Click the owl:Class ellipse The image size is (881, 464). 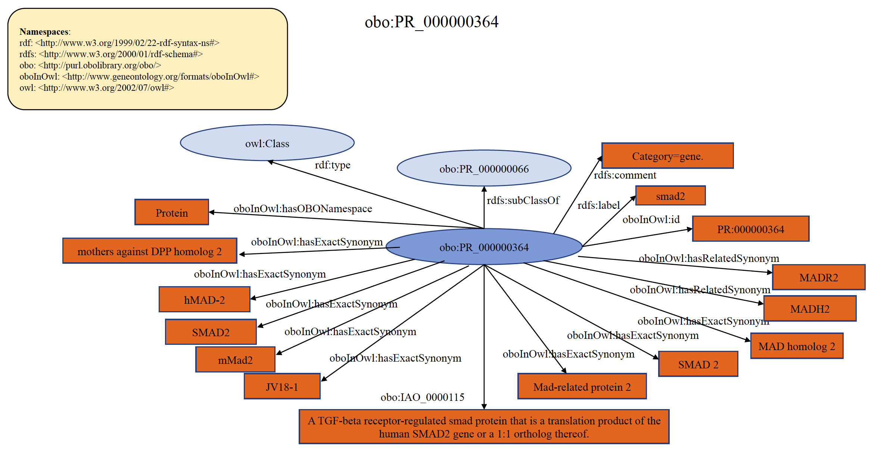coord(267,143)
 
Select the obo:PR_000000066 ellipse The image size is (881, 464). coord(484,168)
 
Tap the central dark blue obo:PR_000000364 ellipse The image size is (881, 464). coord(484,247)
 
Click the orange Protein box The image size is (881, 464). coord(172,213)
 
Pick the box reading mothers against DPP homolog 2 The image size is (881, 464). coord(150,251)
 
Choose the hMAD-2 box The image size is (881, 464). coord(204,300)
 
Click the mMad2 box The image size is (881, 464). coord(235,360)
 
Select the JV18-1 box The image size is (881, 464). coord(282,386)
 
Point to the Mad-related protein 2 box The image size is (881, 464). coord(582,387)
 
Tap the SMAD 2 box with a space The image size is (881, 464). coord(698,364)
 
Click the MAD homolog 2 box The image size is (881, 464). coord(797,346)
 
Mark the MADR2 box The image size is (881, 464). coord(819,278)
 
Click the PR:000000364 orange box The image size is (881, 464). coord(750,229)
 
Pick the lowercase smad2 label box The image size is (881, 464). coord(670,196)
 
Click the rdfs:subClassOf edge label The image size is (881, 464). coord(523,200)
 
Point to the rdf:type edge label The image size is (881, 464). coord(332,165)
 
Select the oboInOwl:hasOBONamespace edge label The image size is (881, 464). coord(303,208)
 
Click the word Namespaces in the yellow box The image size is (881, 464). coord(44,32)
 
